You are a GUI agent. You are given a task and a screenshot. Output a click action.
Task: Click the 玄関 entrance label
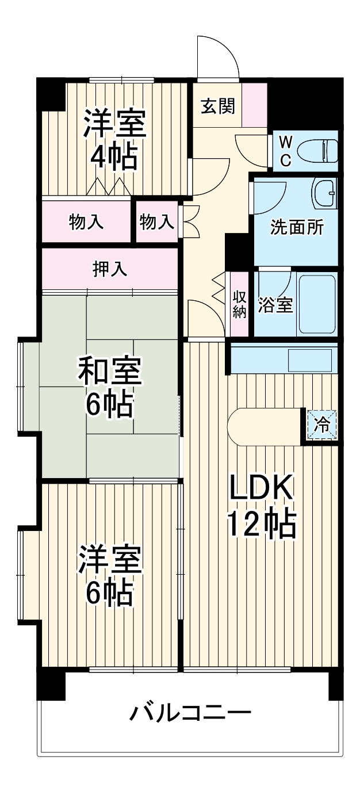[218, 106]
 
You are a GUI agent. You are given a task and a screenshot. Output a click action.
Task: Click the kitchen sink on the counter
[310, 360]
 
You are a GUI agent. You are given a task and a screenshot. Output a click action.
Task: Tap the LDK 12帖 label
[262, 506]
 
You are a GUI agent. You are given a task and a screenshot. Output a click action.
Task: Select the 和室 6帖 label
[109, 388]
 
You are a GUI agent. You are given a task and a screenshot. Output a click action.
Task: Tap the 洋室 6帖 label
[109, 575]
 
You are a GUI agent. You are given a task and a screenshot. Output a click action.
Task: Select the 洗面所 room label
[297, 228]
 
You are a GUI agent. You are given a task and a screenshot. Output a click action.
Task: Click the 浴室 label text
[275, 305]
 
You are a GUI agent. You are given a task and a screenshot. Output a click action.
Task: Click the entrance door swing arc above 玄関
[219, 55]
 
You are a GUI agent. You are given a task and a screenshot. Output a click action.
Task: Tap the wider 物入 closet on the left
[86, 222]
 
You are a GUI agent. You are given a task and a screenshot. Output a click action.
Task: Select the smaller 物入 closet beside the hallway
[156, 222]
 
